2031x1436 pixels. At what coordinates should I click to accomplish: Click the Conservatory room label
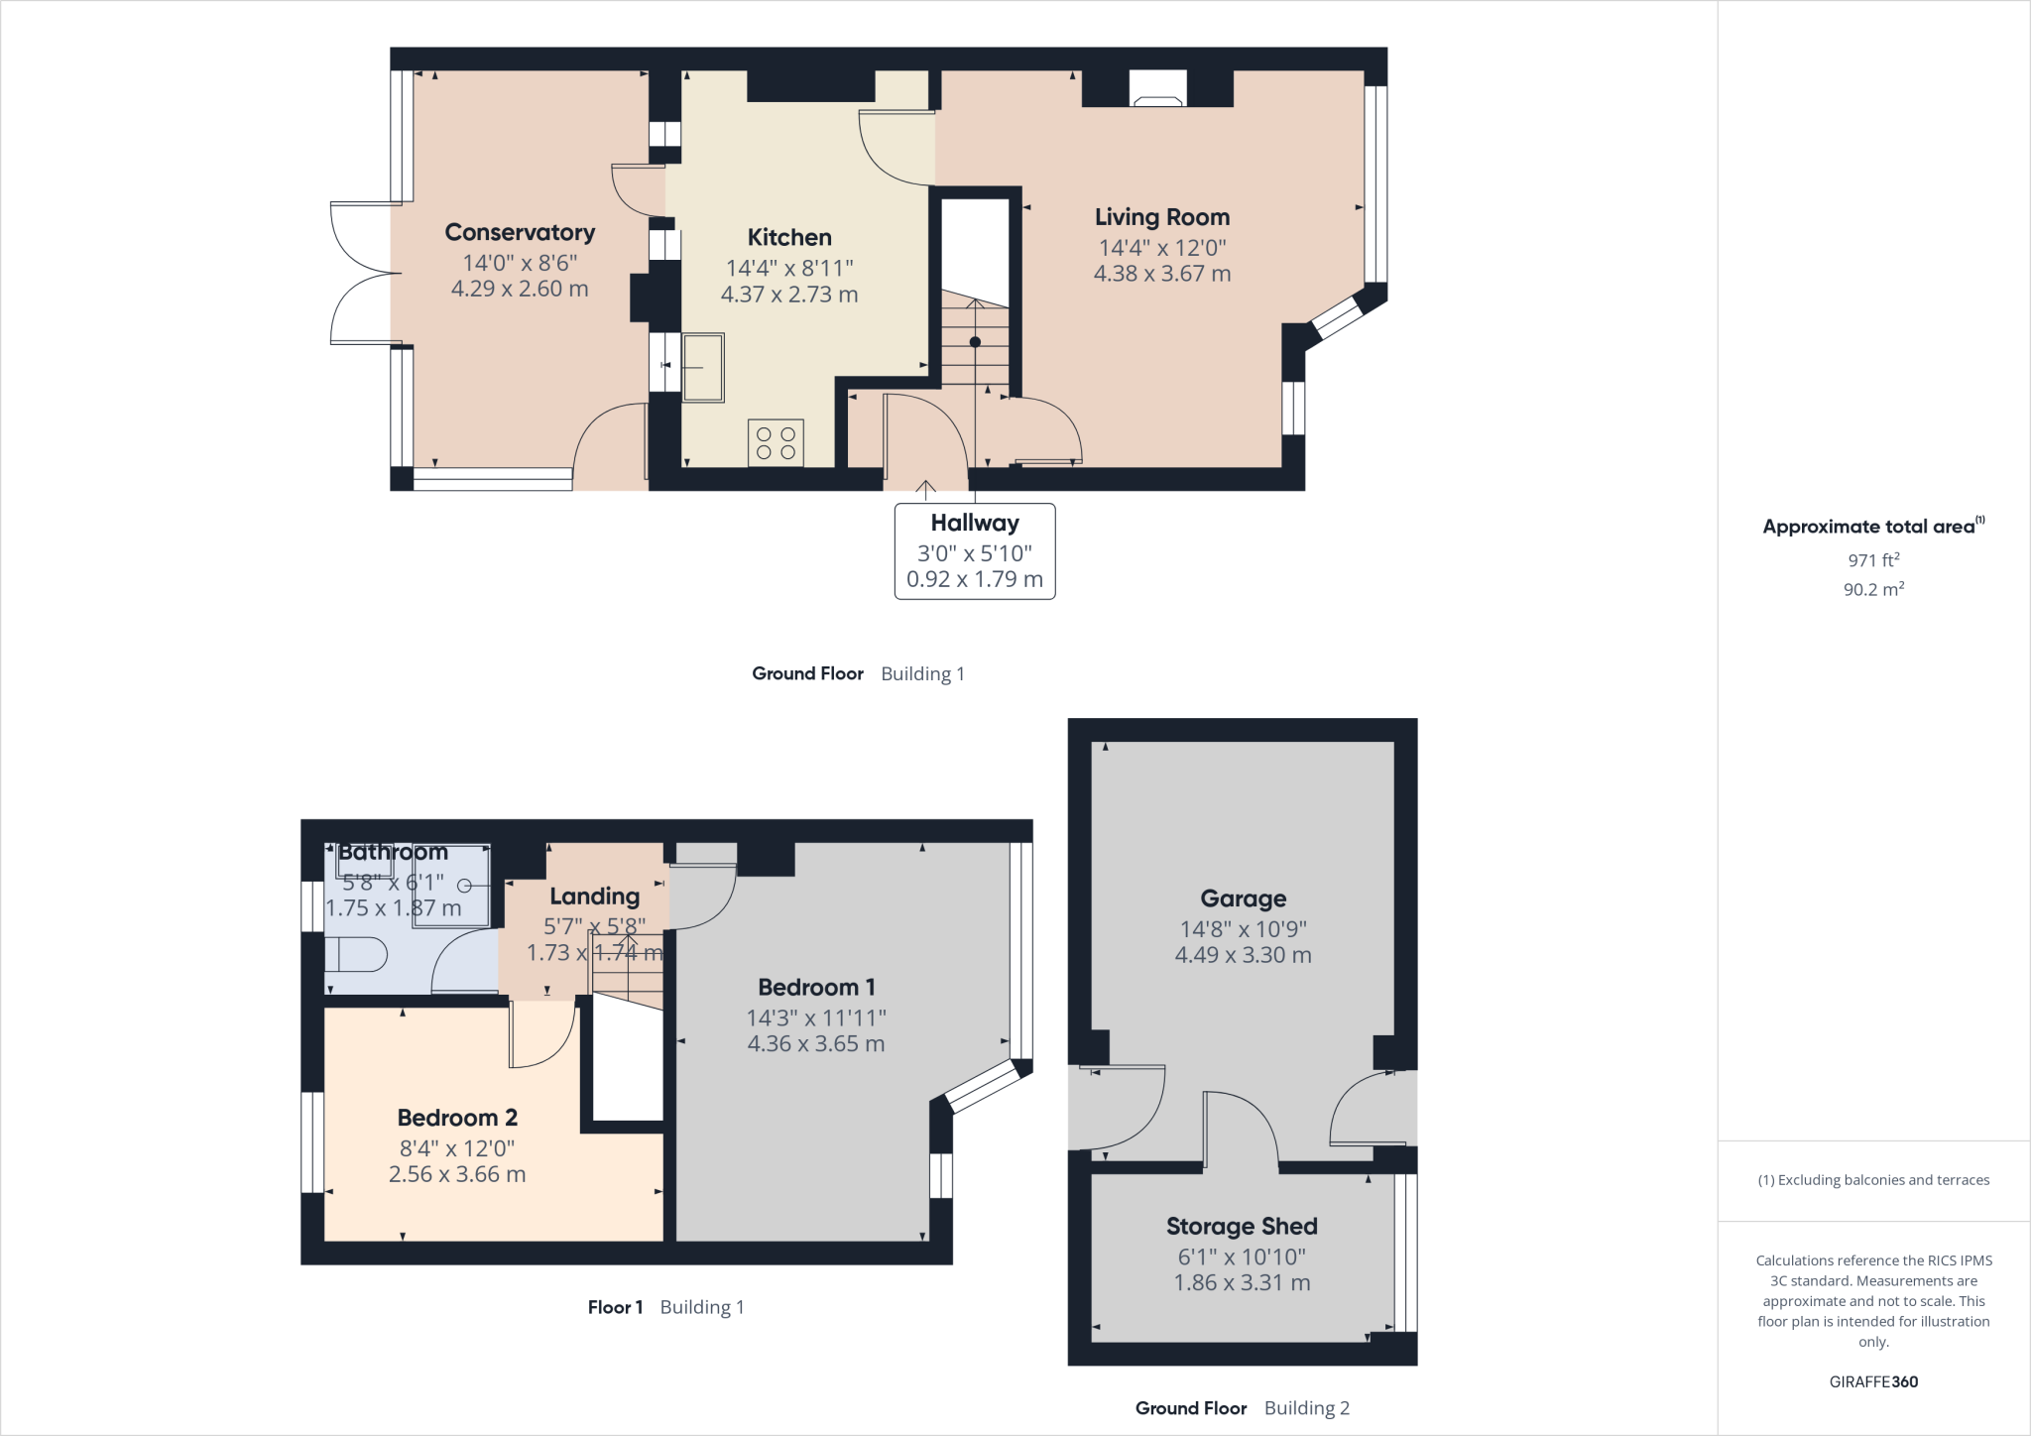point(520,232)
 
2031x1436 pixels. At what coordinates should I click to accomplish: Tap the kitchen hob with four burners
point(776,443)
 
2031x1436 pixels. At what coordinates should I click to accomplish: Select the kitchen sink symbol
point(702,367)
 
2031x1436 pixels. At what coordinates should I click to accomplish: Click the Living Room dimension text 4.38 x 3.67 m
point(1162,274)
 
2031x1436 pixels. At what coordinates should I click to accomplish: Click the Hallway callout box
point(975,551)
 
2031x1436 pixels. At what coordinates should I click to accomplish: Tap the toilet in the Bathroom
point(357,956)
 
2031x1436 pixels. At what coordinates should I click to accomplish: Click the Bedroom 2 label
point(457,1118)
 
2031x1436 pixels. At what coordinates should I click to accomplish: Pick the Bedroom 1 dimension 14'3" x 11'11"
point(816,1017)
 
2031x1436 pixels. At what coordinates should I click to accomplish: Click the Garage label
point(1243,898)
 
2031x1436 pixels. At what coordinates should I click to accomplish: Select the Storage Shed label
point(1242,1227)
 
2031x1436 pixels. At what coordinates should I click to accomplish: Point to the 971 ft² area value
point(1873,560)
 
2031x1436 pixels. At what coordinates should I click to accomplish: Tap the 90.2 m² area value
point(1873,589)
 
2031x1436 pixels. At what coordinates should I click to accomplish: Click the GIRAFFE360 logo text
point(1873,1381)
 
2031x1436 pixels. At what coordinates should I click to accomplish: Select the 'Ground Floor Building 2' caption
point(1242,1408)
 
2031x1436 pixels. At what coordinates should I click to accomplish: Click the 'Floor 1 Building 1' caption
point(665,1307)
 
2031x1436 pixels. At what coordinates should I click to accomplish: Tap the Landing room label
point(594,897)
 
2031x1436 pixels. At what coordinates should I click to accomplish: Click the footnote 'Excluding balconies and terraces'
point(1873,1180)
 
